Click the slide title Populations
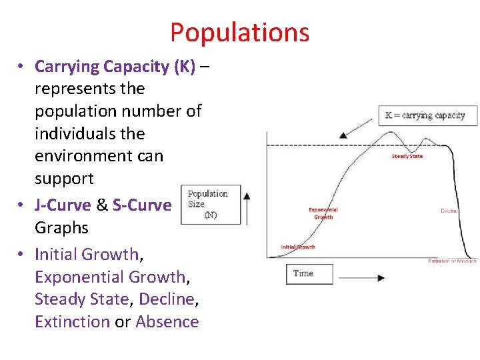pyautogui.click(x=239, y=32)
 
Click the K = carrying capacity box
pyautogui.click(x=427, y=115)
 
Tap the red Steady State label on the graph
pyautogui.click(x=407, y=157)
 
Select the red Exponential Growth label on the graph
pyautogui.click(x=323, y=213)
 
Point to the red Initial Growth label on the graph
pyautogui.click(x=298, y=247)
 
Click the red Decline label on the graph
pyautogui.click(x=449, y=211)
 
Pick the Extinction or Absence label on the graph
pyautogui.click(x=452, y=261)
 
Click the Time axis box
pyautogui.click(x=309, y=273)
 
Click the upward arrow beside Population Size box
pyautogui.click(x=247, y=207)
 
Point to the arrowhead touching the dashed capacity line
pyautogui.click(x=343, y=135)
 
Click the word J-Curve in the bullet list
pyautogui.click(x=63, y=205)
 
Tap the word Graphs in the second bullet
pyautogui.click(x=61, y=228)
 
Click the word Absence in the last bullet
pyautogui.click(x=167, y=322)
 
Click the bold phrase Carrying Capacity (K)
pyautogui.click(x=115, y=67)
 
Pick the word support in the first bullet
pyautogui.click(x=64, y=179)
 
